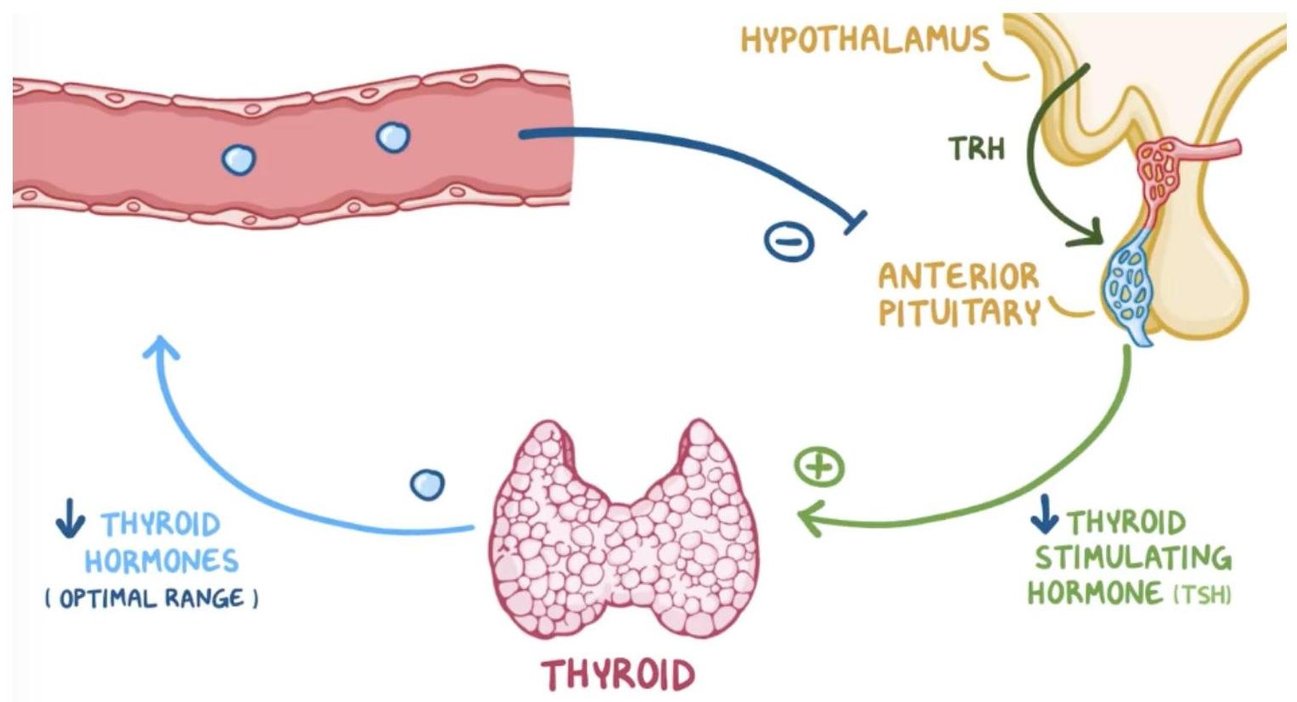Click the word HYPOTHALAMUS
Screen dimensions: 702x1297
(x=865, y=39)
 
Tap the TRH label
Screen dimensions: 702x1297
(x=977, y=149)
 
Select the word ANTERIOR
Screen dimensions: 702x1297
(x=958, y=277)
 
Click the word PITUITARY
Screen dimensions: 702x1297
(x=959, y=313)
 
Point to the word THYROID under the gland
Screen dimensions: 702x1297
(x=619, y=675)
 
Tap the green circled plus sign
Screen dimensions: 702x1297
(x=819, y=467)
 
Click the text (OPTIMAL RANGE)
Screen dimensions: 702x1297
(x=152, y=598)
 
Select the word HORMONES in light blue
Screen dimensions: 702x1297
(x=161, y=561)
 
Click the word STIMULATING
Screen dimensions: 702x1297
(x=1132, y=558)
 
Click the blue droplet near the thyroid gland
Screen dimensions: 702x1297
(x=426, y=485)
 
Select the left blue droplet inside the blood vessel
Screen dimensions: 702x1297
(x=239, y=159)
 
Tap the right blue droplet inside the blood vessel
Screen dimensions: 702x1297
(x=393, y=137)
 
